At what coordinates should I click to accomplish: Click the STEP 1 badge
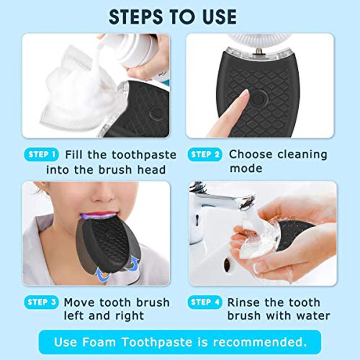coord(41,155)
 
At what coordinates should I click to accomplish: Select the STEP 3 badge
coord(41,302)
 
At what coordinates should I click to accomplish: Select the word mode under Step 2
coord(246,169)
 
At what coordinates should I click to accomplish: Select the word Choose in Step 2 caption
coord(250,155)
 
